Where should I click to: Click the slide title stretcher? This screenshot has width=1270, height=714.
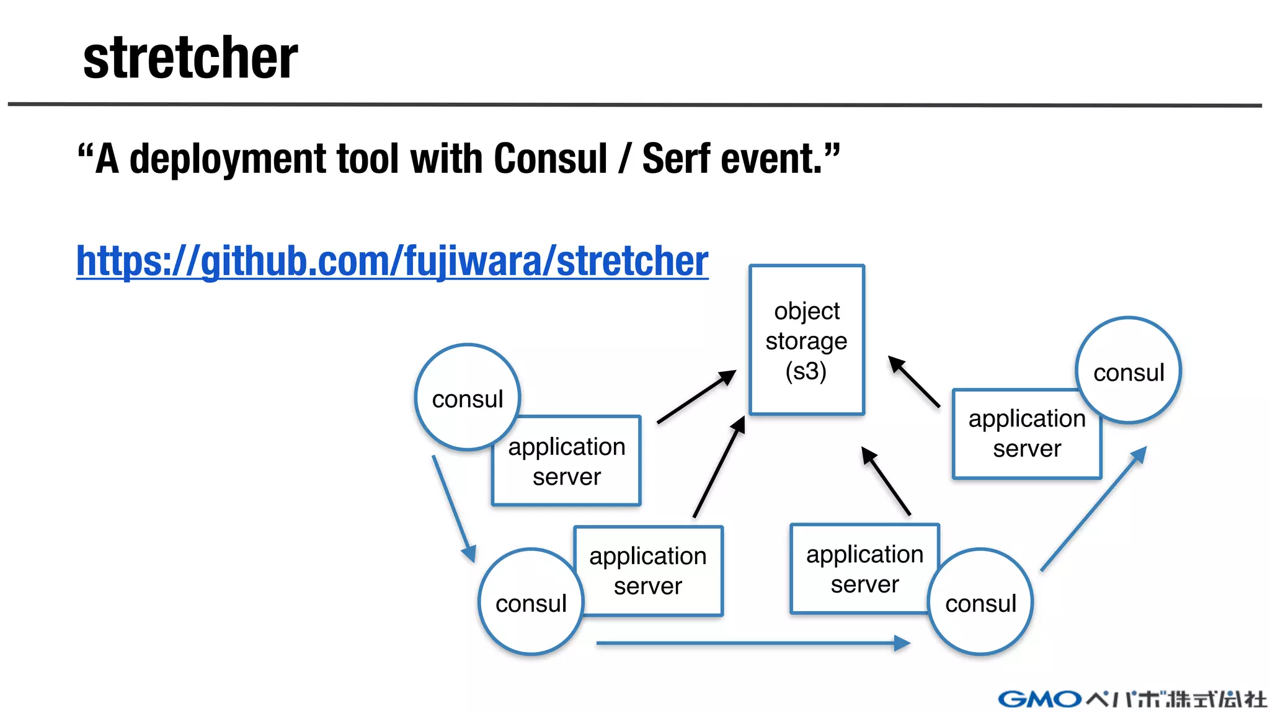190,58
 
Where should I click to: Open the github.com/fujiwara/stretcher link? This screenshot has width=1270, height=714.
392,261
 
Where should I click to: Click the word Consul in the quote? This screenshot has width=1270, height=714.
550,159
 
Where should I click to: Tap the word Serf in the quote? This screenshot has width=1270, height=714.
676,159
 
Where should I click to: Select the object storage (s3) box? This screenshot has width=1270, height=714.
806,340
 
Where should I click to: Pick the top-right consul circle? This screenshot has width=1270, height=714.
1129,371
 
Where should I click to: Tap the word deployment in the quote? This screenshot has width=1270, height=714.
227,159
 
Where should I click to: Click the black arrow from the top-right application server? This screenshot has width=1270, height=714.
914,381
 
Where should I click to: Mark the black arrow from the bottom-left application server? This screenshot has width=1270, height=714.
719,467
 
